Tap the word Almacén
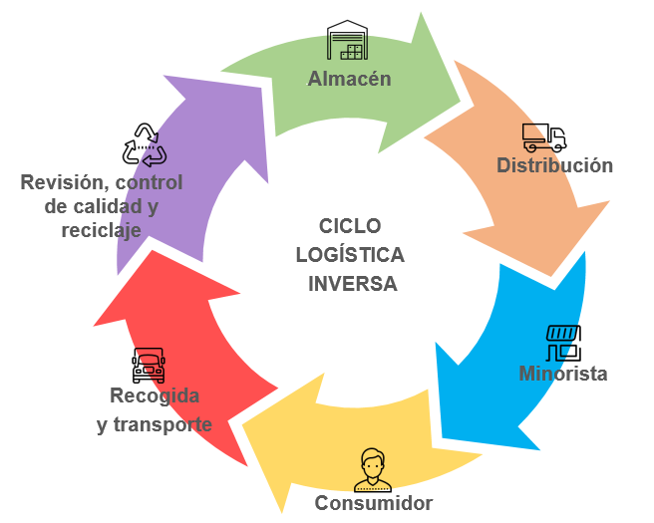click(349, 79)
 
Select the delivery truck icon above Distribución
click(543, 137)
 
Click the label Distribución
click(554, 165)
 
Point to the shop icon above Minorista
click(563, 343)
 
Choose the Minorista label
click(563, 375)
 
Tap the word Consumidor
click(374, 503)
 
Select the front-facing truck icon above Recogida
click(149, 366)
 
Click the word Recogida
click(155, 396)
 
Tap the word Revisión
click(62, 183)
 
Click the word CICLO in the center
click(350, 226)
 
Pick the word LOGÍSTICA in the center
click(350, 255)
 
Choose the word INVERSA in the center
click(350, 283)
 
